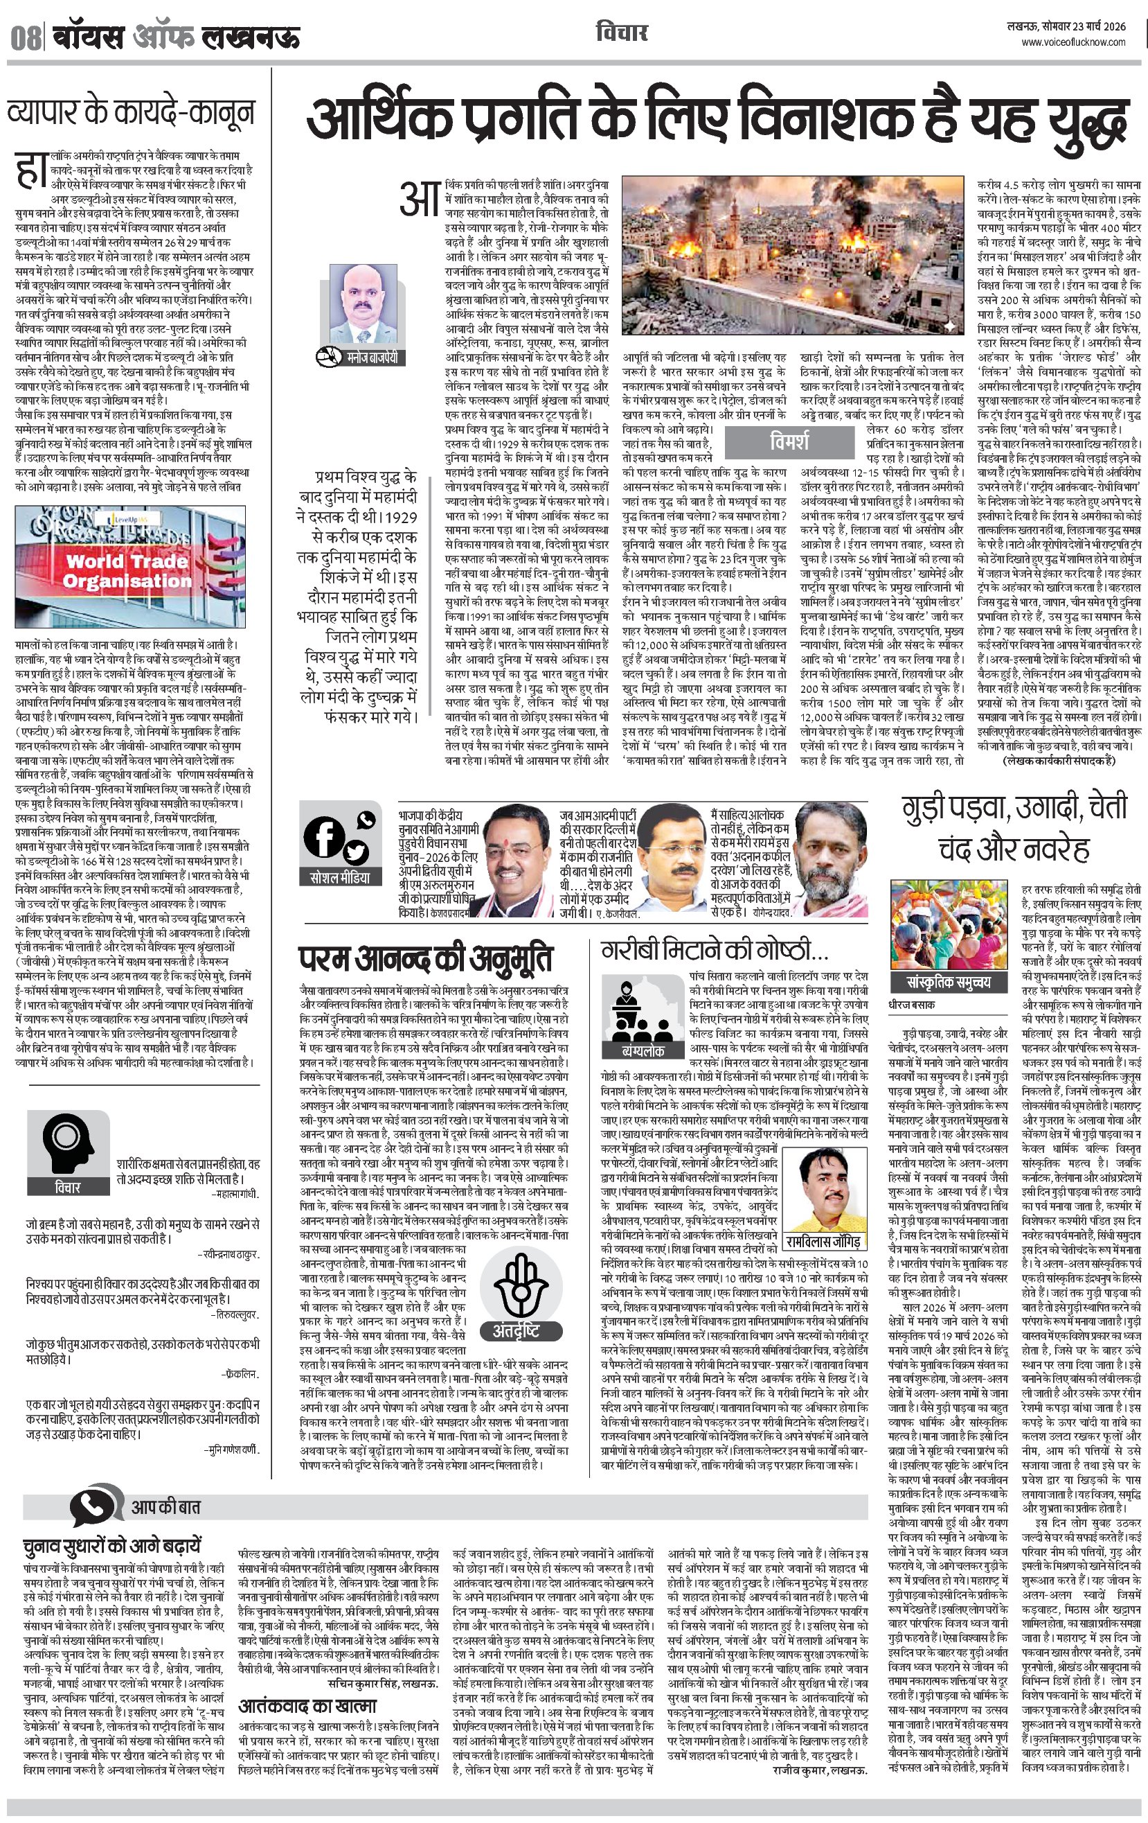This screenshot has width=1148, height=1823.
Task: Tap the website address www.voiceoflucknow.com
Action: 1073,42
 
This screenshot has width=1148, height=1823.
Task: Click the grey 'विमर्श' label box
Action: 789,441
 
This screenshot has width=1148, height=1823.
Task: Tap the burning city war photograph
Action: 792,256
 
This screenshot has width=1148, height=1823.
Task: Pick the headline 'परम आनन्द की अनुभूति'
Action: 424,958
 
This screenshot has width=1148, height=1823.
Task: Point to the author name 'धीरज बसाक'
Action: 912,1005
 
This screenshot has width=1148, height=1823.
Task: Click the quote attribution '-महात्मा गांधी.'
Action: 235,1193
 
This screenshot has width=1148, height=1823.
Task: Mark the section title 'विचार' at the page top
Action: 621,33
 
